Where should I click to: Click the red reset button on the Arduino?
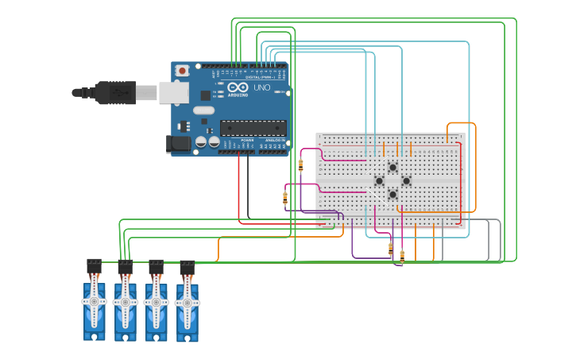pyautogui.click(x=182, y=71)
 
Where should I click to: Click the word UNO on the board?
pyautogui.click(x=261, y=87)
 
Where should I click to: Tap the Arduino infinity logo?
pyautogui.click(x=237, y=87)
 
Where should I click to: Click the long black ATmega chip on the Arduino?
pyautogui.click(x=253, y=127)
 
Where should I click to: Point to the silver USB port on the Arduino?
pyautogui.click(x=173, y=93)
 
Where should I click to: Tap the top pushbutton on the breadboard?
pyautogui.click(x=392, y=167)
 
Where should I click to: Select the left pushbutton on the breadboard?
pyautogui.click(x=379, y=180)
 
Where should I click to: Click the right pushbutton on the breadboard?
pyautogui.click(x=406, y=180)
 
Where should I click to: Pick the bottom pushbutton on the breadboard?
pyautogui.click(x=392, y=194)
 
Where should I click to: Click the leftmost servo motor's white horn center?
pyautogui.click(x=94, y=301)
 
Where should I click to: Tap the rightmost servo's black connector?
pyautogui.click(x=187, y=268)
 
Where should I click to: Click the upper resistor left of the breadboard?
pyautogui.click(x=300, y=165)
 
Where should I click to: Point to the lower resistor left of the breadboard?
pyautogui.click(x=285, y=198)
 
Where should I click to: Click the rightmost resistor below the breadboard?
pyautogui.click(x=402, y=256)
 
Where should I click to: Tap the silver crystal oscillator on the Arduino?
pyautogui.click(x=203, y=110)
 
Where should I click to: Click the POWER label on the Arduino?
pyautogui.click(x=247, y=140)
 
